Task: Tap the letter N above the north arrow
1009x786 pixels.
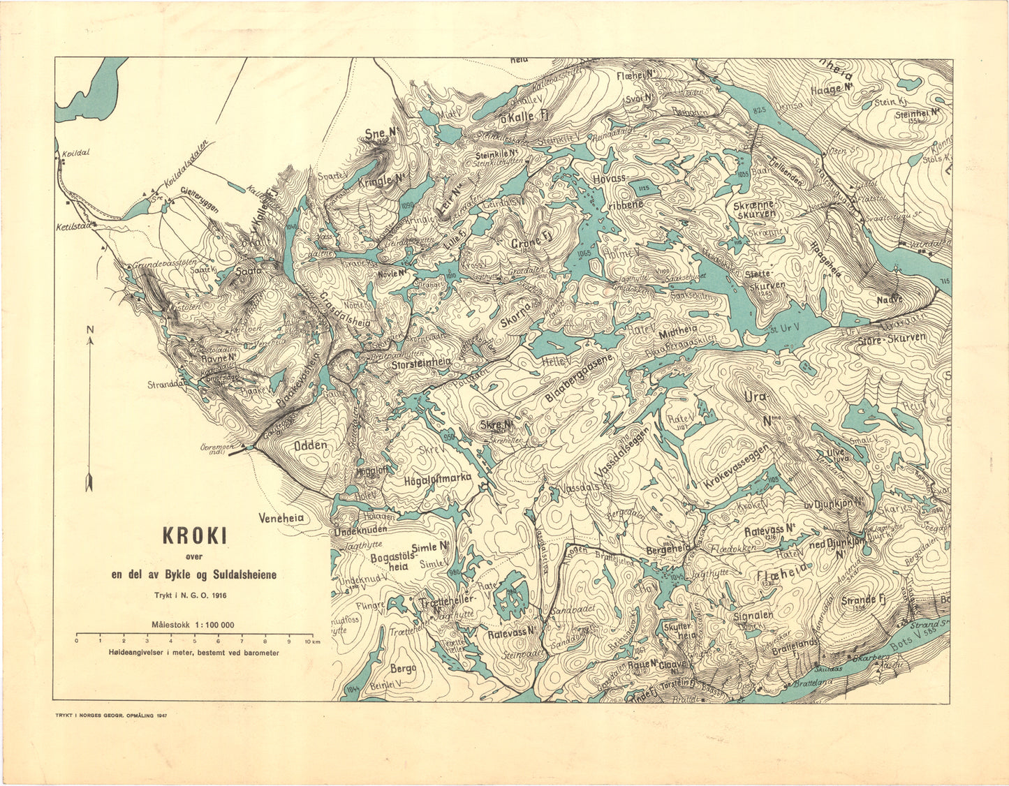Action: (x=89, y=329)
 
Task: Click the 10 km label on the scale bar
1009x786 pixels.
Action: (x=311, y=640)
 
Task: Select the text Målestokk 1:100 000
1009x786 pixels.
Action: (x=193, y=625)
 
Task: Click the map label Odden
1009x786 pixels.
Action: (x=310, y=445)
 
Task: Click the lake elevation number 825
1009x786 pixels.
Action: (x=760, y=110)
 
